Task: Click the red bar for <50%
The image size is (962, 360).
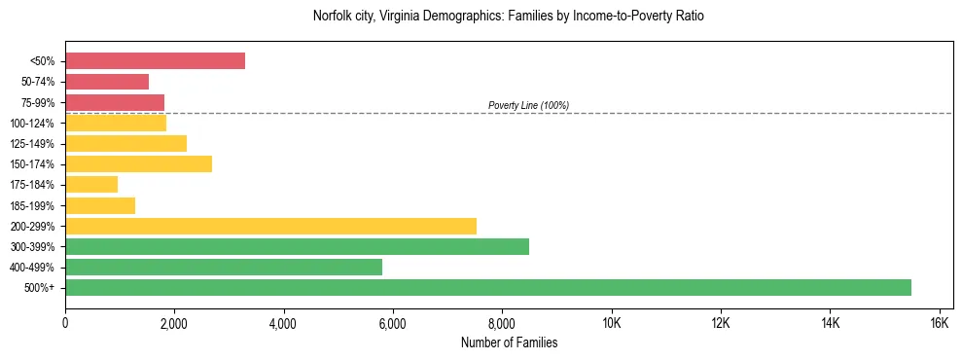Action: pos(155,61)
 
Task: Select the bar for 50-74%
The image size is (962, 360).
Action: pos(107,82)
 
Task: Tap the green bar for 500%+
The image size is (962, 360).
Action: pos(487,287)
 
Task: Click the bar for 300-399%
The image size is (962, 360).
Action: pos(297,246)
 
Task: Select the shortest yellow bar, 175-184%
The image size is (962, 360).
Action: pos(91,185)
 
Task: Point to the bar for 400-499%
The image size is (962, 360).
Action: pos(224,267)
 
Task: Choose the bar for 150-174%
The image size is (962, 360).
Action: pos(138,164)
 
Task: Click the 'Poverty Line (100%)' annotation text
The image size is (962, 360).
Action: pos(528,105)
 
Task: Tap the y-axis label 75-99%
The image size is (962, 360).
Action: pos(38,103)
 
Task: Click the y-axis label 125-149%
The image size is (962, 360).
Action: pos(34,144)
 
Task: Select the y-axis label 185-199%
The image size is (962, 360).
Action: pos(34,206)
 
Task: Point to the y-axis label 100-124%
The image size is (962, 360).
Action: pos(34,124)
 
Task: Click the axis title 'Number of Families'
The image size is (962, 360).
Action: pos(509,342)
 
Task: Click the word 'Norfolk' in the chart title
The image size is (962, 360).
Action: pos(333,17)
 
